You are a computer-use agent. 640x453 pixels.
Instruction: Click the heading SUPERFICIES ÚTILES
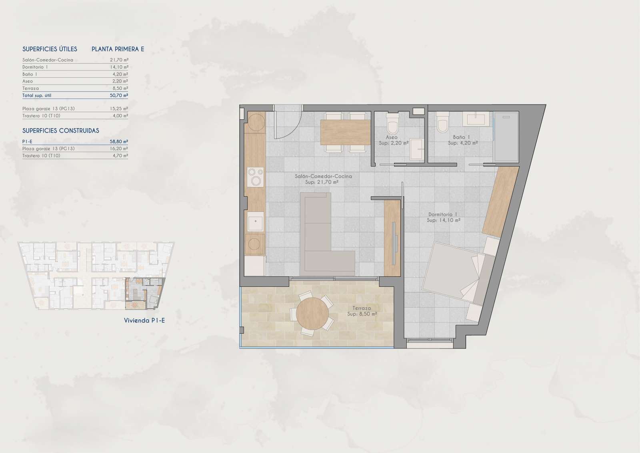50,49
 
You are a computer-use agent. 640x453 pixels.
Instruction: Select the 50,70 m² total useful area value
119,95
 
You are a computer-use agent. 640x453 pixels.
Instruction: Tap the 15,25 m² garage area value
119,109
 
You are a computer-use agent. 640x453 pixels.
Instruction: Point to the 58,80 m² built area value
119,141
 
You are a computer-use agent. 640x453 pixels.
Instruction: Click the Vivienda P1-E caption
144,320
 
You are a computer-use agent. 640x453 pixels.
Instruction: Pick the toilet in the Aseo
392,123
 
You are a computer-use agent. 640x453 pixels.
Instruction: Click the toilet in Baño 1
442,122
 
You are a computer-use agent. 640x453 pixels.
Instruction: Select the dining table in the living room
346,133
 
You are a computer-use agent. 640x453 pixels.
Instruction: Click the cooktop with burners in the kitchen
256,177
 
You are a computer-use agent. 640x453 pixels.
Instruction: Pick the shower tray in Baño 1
506,137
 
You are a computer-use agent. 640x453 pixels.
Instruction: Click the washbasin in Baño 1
476,119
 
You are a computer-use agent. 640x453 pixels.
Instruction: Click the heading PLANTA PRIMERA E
118,49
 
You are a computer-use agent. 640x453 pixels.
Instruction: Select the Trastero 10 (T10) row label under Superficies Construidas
42,156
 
